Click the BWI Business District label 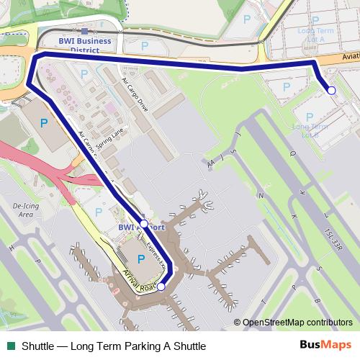(x=85, y=45)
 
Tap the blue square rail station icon (x=85, y=31)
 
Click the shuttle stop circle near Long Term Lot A (x=331, y=90)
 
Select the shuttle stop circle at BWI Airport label (x=144, y=224)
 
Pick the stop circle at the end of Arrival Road (x=161, y=287)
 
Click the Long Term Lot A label (x=315, y=36)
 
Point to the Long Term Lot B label (x=310, y=130)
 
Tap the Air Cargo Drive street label (x=135, y=94)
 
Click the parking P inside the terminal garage (x=140, y=257)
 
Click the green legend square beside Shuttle (x=11, y=346)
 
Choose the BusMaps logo (x=325, y=345)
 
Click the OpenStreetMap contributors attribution (x=293, y=323)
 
